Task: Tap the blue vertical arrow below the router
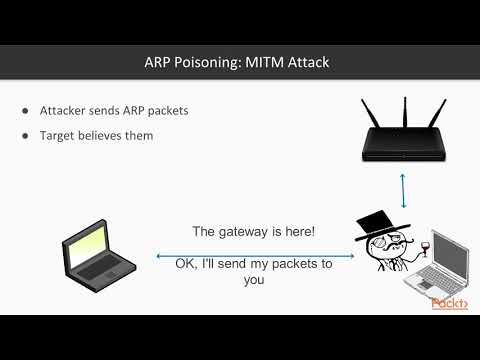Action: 402,188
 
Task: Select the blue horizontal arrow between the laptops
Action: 255,256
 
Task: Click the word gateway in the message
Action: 253,231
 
